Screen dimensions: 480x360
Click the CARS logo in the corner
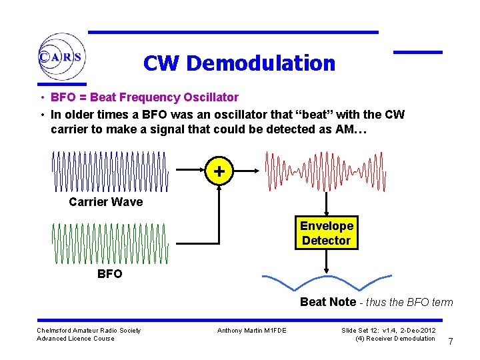[x=61, y=57]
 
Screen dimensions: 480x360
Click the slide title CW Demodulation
[x=239, y=63]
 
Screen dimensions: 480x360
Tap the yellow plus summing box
[x=219, y=171]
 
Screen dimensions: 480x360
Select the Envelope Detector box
[x=326, y=233]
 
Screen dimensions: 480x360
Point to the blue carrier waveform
[x=111, y=171]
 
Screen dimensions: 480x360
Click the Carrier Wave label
[x=105, y=202]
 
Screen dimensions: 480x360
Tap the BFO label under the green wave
[x=109, y=273]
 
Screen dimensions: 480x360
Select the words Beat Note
[x=328, y=302]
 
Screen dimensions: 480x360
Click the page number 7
[x=451, y=342]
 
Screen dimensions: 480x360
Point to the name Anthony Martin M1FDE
[x=251, y=331]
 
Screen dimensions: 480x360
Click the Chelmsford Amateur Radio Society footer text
[x=89, y=331]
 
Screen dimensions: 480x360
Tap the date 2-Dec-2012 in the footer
[x=418, y=331]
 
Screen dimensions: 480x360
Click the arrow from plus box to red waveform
[x=246, y=171]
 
